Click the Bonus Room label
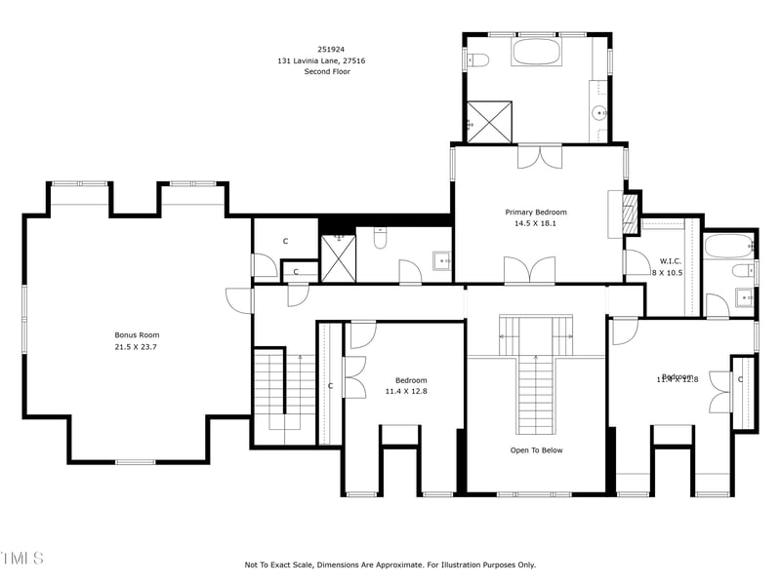tap(136, 334)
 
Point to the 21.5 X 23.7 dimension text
tap(136, 346)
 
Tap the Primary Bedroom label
tap(535, 212)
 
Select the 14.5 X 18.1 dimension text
tap(535, 223)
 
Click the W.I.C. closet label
tap(670, 260)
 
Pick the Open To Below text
tap(536, 450)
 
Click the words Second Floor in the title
tap(327, 71)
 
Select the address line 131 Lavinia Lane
tap(327, 60)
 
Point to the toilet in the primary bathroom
tap(477, 60)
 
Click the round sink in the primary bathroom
tap(599, 113)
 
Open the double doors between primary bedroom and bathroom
tap(539, 155)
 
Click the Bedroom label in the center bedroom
tap(411, 380)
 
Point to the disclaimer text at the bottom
tap(390, 565)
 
